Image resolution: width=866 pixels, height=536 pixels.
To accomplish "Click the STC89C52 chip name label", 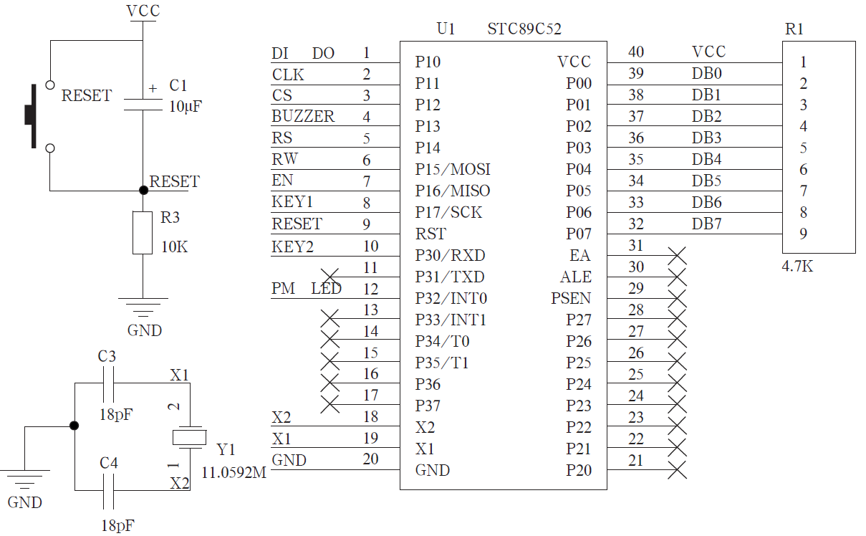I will [524, 29].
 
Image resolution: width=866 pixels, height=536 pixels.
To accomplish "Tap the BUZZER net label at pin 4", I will [303, 116].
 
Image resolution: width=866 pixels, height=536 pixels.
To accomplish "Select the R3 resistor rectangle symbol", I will [143, 232].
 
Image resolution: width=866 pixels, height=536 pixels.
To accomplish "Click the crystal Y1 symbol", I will [190, 437].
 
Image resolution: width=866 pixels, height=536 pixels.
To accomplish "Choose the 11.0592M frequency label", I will [234, 473].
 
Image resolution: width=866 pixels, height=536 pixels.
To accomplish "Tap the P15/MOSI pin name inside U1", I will [453, 169].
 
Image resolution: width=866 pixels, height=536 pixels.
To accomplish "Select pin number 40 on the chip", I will [635, 52].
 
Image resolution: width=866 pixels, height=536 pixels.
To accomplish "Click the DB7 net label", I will [707, 224].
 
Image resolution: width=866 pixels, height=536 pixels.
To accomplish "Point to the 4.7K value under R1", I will [797, 267].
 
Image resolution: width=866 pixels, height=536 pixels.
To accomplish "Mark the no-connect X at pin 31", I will [677, 255].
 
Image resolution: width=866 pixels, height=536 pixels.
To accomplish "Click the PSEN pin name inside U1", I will [571, 298].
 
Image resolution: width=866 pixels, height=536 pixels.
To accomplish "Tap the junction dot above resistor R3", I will [143, 190].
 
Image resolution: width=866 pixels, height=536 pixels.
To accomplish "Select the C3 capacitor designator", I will [107, 356].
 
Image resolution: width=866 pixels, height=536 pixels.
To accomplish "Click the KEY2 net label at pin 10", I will [293, 247].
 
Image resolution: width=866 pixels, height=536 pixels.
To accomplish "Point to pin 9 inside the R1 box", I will [804, 234].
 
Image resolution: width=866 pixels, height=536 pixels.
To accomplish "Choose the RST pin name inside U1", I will [430, 234].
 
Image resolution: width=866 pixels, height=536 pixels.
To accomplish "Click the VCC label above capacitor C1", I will [143, 11].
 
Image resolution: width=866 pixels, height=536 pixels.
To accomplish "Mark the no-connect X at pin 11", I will [329, 277].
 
